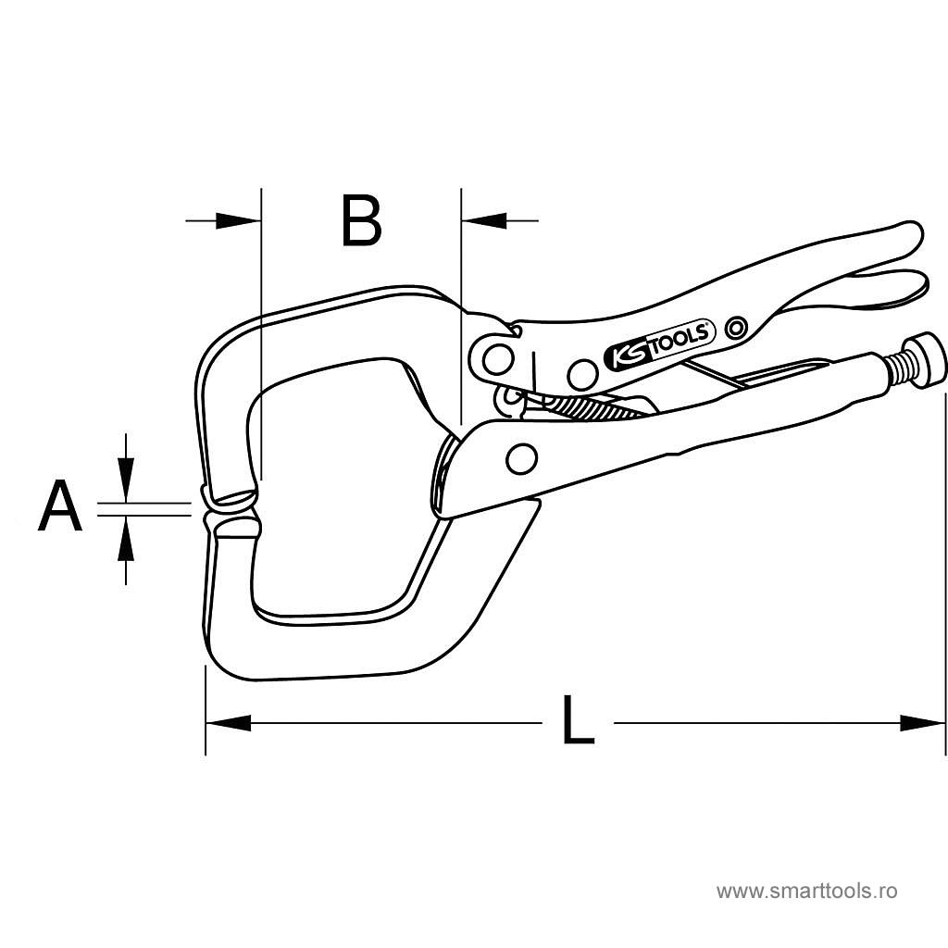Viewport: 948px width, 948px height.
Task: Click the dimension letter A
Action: point(59,506)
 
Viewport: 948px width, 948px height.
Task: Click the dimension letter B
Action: point(361,221)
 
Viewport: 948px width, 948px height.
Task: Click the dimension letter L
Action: point(578,721)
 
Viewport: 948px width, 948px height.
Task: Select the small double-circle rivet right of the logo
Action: point(737,327)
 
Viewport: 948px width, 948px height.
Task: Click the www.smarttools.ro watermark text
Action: point(807,892)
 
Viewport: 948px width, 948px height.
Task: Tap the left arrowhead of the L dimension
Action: point(228,722)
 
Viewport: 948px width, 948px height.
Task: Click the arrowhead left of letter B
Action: point(239,220)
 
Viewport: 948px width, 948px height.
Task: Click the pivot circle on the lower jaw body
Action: point(522,456)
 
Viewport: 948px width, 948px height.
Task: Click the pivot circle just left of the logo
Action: point(582,374)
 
